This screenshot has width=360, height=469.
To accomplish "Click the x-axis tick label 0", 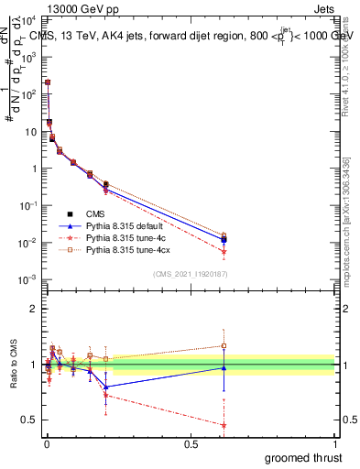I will click(46, 444).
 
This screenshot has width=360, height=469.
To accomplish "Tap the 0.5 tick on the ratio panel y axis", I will click(29, 420).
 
